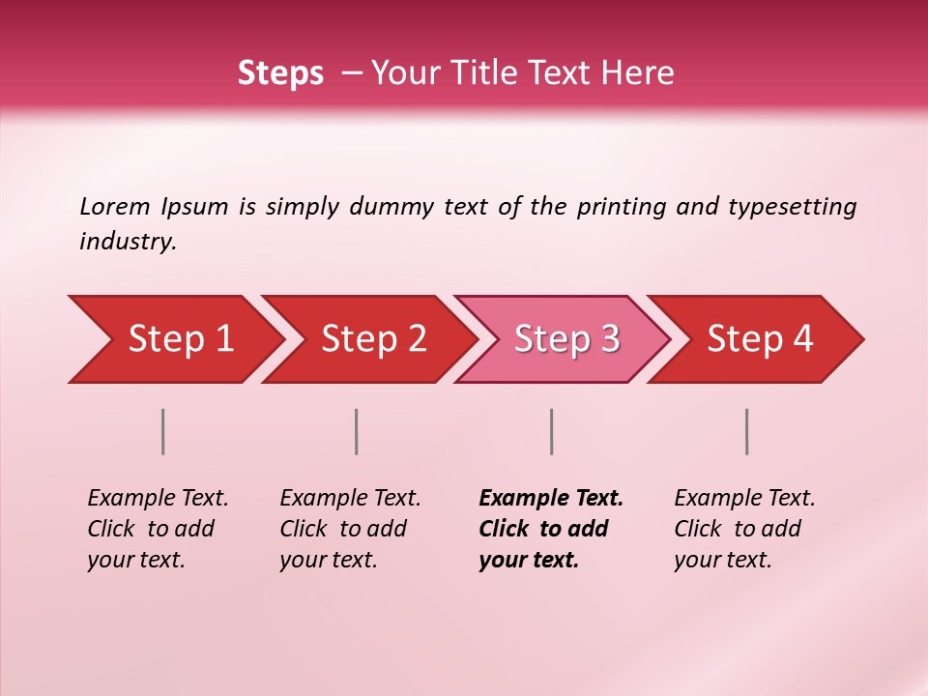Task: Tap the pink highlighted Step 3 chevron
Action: click(x=566, y=339)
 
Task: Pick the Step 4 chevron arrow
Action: click(x=760, y=339)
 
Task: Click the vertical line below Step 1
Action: click(x=163, y=431)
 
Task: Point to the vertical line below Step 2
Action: click(x=357, y=431)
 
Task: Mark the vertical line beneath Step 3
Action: click(x=551, y=431)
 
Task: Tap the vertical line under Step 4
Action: click(x=747, y=431)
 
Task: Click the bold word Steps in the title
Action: click(x=280, y=72)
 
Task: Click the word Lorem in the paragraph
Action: click(x=115, y=206)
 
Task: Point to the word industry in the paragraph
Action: click(x=127, y=242)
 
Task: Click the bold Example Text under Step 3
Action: click(x=551, y=499)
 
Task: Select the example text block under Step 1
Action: click(x=158, y=529)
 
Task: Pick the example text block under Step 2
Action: click(x=350, y=529)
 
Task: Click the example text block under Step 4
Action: click(x=744, y=529)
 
